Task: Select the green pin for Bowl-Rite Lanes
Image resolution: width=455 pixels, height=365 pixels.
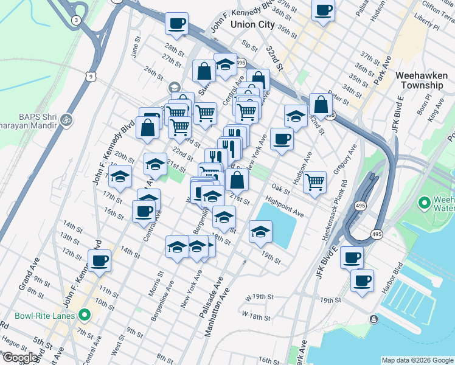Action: (85, 316)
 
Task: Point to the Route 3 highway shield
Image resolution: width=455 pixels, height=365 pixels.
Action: (75, 19)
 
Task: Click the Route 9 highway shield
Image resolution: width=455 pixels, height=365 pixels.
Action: (91, 77)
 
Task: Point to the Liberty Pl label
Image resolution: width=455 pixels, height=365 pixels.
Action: (425, 24)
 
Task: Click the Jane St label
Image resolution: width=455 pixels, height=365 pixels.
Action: (135, 47)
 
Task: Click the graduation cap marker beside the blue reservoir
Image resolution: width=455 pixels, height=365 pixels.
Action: (260, 231)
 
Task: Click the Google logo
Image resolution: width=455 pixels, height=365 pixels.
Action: (21, 358)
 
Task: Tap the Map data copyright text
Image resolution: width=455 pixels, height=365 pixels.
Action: (417, 360)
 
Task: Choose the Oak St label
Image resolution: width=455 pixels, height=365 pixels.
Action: (280, 189)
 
